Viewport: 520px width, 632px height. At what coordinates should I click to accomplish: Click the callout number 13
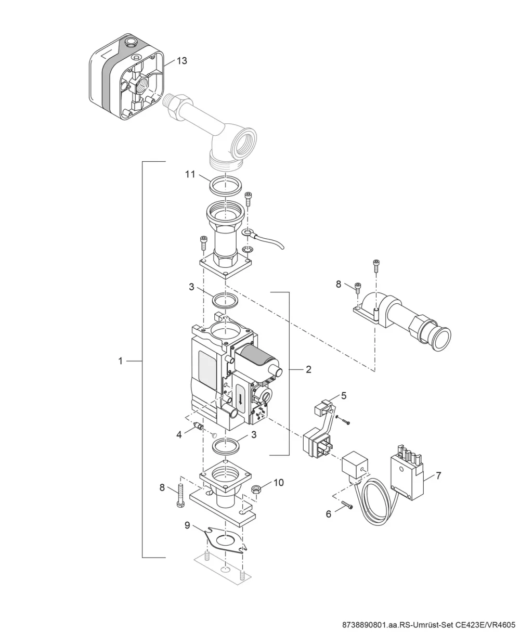click(x=182, y=61)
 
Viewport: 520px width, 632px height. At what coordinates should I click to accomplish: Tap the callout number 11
click(x=190, y=174)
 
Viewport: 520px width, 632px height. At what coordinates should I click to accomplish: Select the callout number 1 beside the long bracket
click(x=121, y=361)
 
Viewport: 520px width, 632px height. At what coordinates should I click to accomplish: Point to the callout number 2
click(x=308, y=369)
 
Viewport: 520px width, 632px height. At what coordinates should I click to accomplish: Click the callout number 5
click(x=344, y=396)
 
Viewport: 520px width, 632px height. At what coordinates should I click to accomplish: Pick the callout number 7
click(x=438, y=475)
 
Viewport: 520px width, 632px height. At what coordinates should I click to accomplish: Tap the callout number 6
click(x=329, y=514)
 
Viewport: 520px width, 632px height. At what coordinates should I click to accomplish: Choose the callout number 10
click(x=279, y=483)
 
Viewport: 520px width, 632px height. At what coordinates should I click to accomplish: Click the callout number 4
click(x=179, y=434)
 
